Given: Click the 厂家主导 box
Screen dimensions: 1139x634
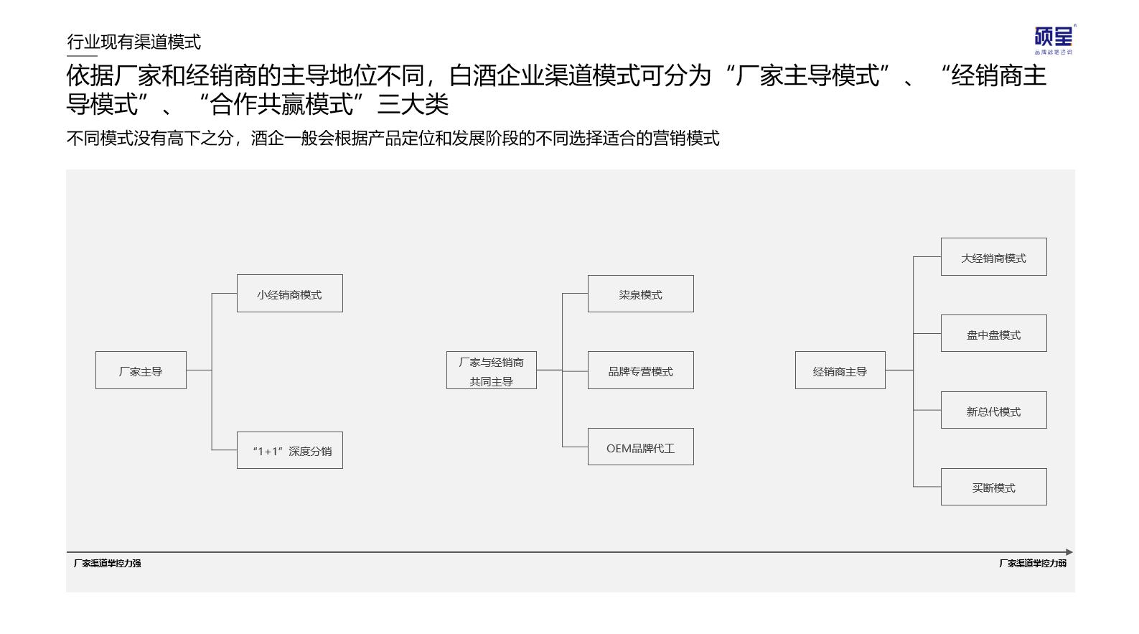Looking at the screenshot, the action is click(141, 370).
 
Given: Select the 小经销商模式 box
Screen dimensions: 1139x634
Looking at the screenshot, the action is click(290, 294).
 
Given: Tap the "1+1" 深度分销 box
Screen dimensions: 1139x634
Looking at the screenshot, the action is click(290, 450).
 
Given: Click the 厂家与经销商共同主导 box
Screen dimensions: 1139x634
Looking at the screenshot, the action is click(491, 370).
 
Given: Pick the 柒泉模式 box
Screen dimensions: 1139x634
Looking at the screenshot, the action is click(641, 294).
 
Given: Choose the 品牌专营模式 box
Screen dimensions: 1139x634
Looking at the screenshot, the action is click(641, 370).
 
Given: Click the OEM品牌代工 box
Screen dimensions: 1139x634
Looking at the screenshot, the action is click(641, 447).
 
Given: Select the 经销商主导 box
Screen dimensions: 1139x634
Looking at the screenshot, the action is click(840, 370).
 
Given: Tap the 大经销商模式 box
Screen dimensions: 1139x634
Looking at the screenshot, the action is click(993, 257).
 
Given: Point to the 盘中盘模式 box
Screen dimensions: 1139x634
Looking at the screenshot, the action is click(993, 333).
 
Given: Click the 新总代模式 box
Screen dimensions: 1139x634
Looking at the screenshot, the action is click(993, 410).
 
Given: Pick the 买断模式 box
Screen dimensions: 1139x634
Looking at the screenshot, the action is click(993, 487).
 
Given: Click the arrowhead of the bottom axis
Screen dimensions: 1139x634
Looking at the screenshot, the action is click(1070, 552).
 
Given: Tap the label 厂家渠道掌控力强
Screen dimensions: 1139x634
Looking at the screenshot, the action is click(107, 563).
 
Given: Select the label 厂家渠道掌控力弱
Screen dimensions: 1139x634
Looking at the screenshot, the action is click(1033, 563).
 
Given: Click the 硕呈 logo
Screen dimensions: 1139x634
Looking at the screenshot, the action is click(1054, 39).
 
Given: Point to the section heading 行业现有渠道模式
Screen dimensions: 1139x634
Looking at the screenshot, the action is click(133, 42).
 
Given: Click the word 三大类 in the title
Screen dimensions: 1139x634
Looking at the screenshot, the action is click(413, 105).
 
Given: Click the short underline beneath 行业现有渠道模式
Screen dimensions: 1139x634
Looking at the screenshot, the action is click(82, 55).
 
